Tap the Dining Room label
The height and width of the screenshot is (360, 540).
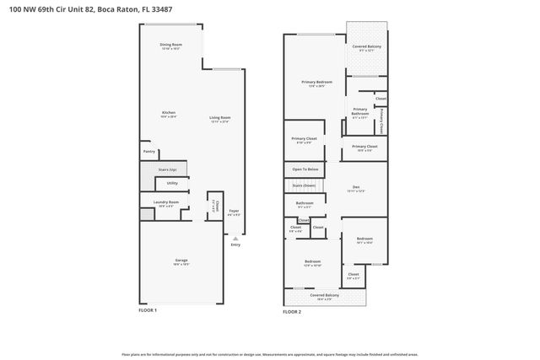tap(171, 46)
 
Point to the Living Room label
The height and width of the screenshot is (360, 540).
tap(220, 119)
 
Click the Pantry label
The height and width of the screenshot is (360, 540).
tap(148, 152)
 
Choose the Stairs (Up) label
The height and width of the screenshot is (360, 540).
tap(167, 170)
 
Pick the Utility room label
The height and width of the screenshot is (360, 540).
tap(172, 183)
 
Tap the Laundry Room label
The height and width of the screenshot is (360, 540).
tap(166, 202)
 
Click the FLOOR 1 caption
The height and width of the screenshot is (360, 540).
tap(148, 310)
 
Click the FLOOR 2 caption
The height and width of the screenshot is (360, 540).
tap(292, 311)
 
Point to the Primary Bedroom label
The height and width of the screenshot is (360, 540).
tap(316, 83)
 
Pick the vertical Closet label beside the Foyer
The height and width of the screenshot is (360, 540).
tap(215, 206)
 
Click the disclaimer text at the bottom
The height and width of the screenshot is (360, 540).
tap(269, 354)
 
